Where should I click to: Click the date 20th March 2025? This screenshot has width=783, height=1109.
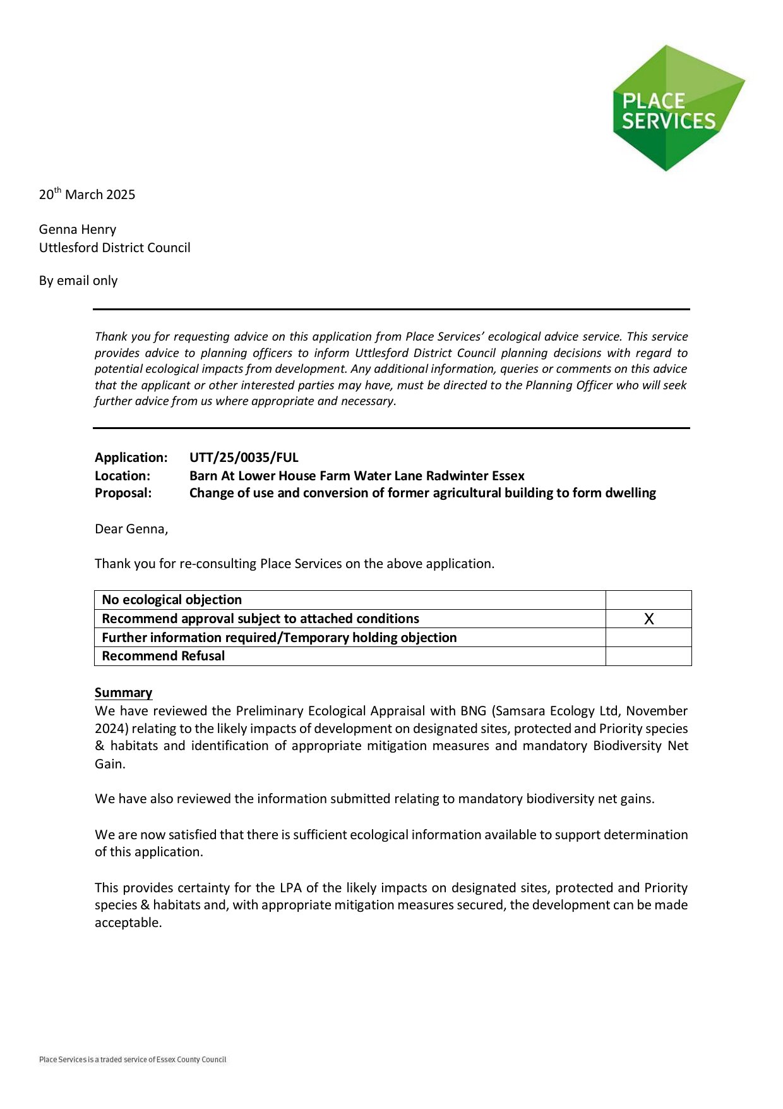coord(87,195)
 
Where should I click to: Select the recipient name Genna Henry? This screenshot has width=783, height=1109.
coord(78,229)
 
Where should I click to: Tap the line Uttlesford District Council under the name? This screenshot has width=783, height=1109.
coord(114,248)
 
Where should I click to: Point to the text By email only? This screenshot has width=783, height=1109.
coord(78,281)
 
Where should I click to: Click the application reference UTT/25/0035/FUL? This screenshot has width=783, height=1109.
coord(244,458)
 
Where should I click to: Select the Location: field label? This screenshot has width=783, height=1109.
coord(123,476)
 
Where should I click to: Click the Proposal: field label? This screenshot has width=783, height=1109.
coord(123,493)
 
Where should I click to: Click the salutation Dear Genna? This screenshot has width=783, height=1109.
coord(131,529)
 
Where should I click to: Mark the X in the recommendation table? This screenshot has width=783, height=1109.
coord(649,619)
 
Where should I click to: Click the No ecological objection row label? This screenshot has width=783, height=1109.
coord(172,600)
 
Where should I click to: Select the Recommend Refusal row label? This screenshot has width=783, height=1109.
coord(163,656)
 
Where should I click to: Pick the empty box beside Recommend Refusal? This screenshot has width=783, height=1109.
coord(649,656)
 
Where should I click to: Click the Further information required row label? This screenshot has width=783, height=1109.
coord(279,638)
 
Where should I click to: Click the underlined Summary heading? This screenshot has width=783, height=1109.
coord(124,693)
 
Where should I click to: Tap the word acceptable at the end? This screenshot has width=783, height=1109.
coord(128,923)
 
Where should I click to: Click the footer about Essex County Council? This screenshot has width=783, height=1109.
coord(133,1060)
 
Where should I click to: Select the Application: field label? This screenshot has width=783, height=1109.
coord(131,458)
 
